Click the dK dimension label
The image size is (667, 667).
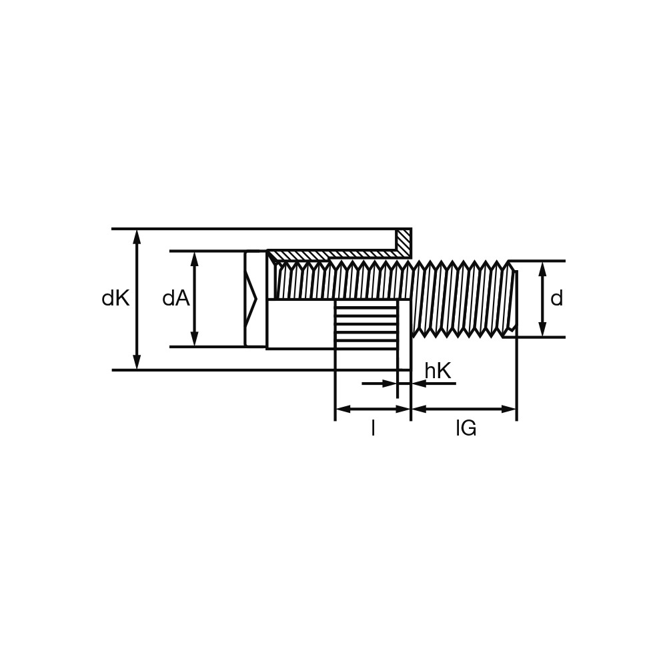[x=115, y=299]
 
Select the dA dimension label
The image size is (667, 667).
[x=176, y=299]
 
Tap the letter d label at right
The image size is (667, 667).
[x=556, y=298]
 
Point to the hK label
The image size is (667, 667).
[x=438, y=371]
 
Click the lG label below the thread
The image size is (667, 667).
[x=466, y=428]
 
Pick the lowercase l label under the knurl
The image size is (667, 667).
[x=373, y=428]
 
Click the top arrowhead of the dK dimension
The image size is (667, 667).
[x=137, y=237]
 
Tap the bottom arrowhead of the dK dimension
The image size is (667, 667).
[x=137, y=362]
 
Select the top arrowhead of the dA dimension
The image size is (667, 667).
[x=194, y=259]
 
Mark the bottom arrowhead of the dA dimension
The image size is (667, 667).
[x=194, y=339]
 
